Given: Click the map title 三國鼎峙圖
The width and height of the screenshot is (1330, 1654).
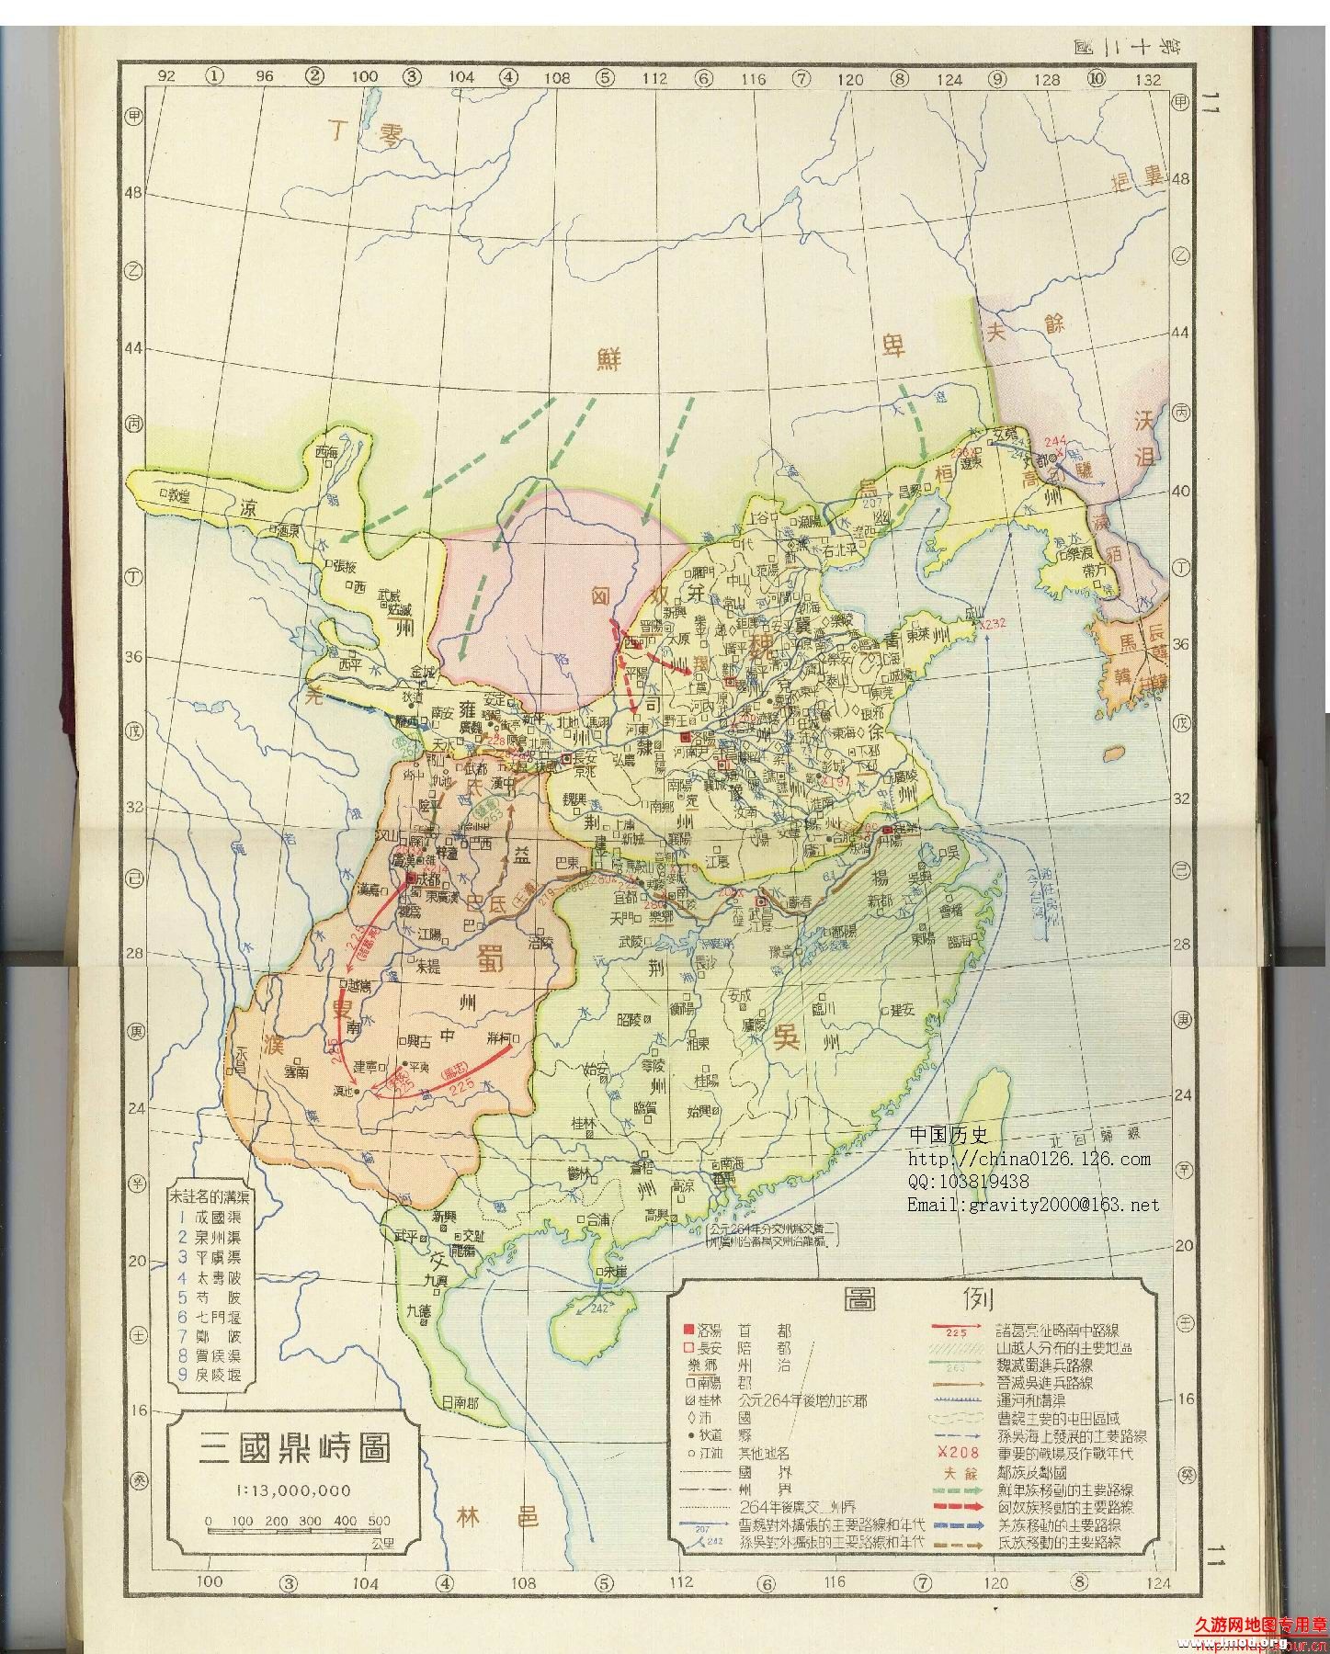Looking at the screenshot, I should (296, 1447).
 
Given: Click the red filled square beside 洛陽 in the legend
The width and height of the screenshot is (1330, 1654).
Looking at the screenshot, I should (686, 1331).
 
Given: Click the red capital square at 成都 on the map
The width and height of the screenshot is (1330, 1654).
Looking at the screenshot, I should (409, 879).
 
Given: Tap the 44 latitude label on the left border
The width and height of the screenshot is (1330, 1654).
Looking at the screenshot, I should (137, 348).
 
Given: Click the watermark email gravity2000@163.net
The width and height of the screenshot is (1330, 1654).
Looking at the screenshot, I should (1033, 1205).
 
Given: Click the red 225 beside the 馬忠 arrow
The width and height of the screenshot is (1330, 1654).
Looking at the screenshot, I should (460, 1084).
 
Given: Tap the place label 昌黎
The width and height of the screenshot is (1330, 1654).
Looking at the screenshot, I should (907, 490).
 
